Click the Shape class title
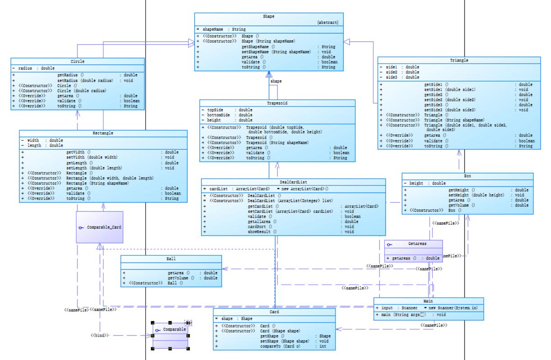click(x=268, y=16)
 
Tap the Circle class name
click(x=78, y=61)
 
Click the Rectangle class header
click(x=103, y=133)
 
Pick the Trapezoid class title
click(x=277, y=103)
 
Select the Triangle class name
click(x=459, y=60)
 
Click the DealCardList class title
click(x=293, y=182)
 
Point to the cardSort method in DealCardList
click(x=257, y=226)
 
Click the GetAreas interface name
click(x=417, y=244)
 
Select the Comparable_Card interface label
click(x=104, y=227)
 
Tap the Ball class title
click(x=171, y=259)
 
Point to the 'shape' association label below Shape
click(x=276, y=81)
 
